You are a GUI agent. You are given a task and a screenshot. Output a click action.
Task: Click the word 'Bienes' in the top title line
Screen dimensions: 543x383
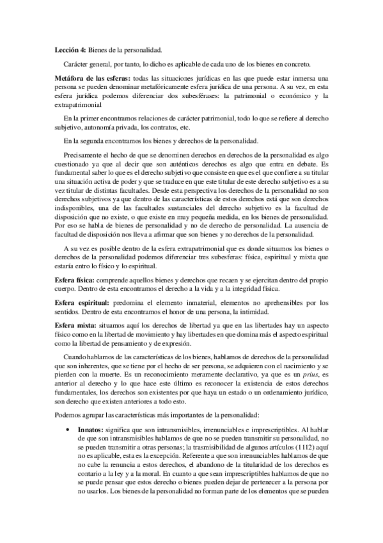pyautogui.click(x=98, y=49)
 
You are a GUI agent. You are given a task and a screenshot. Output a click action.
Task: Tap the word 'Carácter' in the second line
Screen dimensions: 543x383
pyautogui.click(x=77, y=63)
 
